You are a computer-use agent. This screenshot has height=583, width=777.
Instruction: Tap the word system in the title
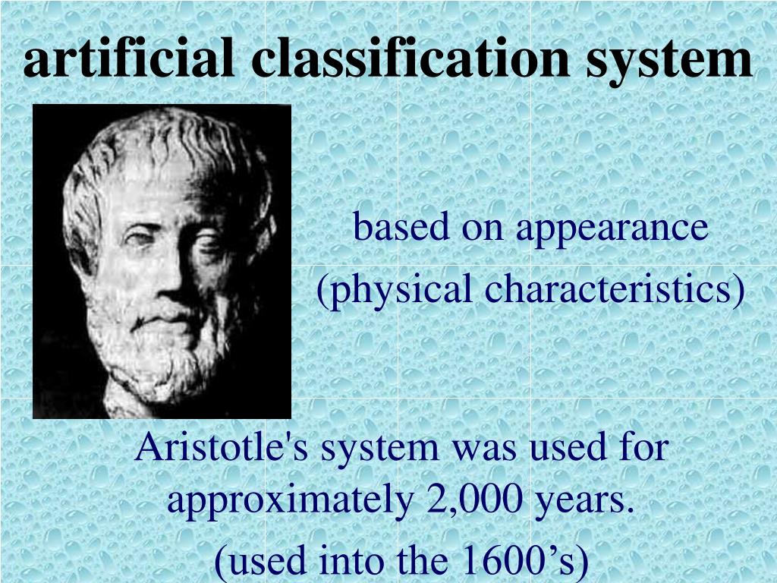pos(669,61)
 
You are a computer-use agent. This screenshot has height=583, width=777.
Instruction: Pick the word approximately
pos(286,501)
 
